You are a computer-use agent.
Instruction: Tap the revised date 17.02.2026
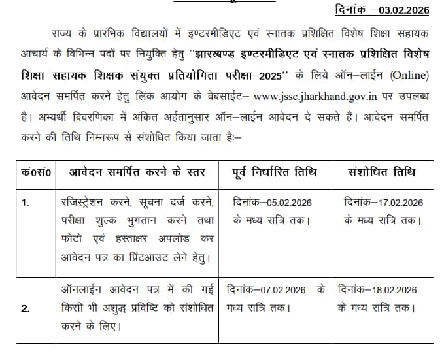pyautogui.click(x=398, y=203)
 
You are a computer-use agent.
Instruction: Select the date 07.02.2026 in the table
pyautogui.click(x=283, y=289)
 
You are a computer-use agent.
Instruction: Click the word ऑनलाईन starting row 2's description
pyautogui.click(x=79, y=289)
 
